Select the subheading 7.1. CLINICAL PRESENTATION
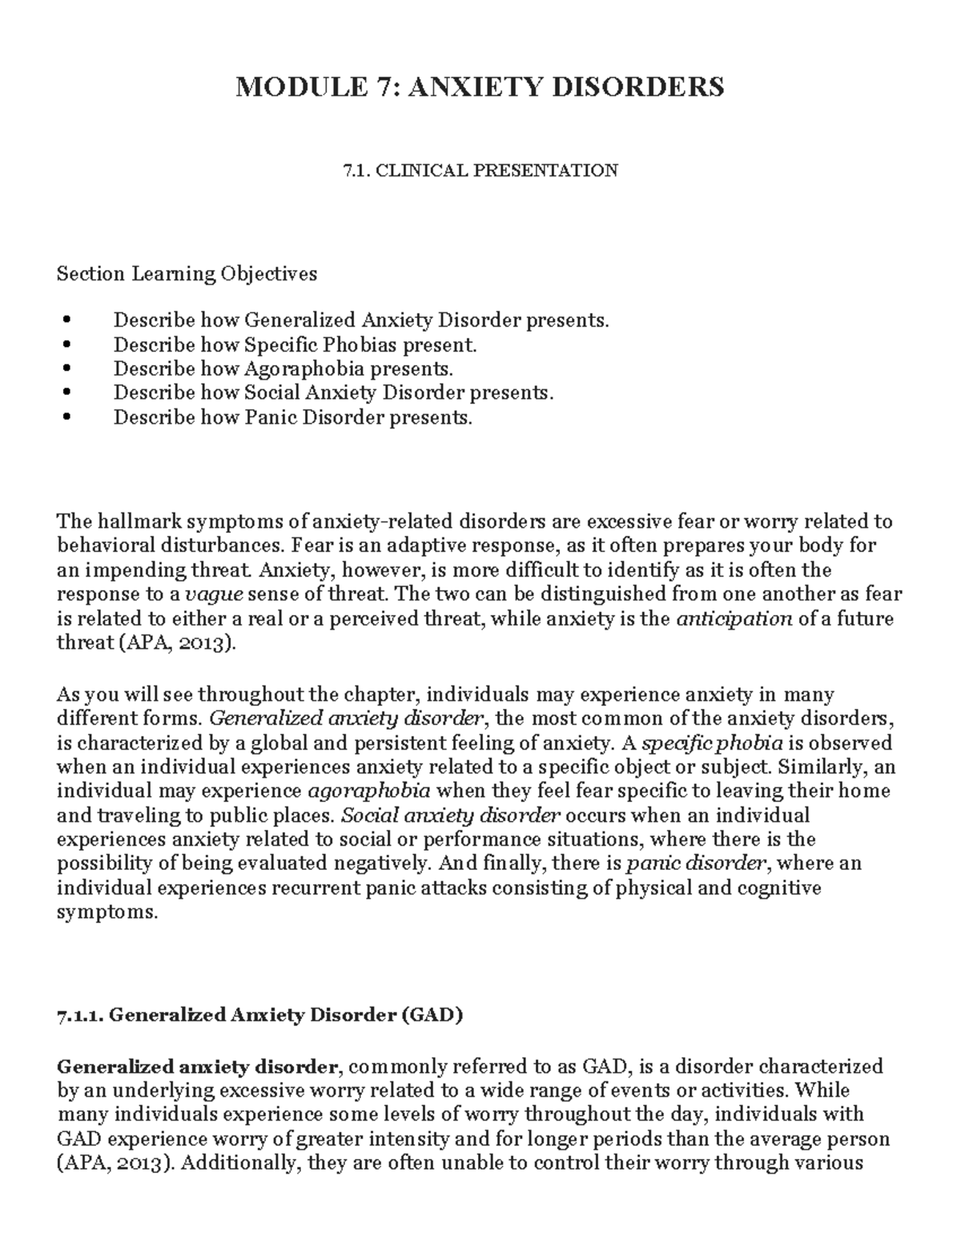click(480, 170)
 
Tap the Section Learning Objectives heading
click(187, 274)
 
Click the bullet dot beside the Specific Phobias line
click(66, 346)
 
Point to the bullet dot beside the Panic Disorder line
click(66, 418)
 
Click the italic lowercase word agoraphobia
click(368, 791)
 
